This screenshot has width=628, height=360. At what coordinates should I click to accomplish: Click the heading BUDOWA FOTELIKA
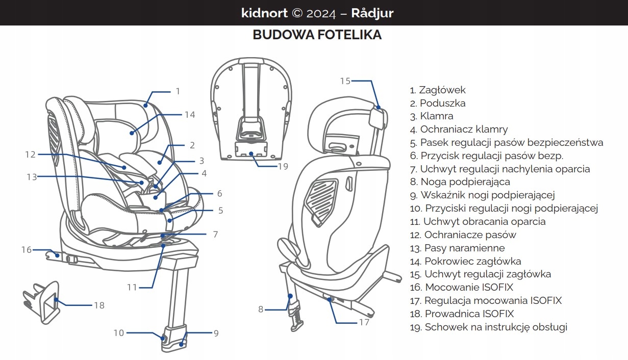point(317,35)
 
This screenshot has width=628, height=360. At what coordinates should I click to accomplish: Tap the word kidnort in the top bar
point(264,13)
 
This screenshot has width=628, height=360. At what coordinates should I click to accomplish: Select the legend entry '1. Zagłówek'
point(438,90)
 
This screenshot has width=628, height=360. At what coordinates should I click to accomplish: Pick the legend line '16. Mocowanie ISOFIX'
point(461,287)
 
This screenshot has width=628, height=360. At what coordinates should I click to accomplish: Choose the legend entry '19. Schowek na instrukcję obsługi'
point(488,327)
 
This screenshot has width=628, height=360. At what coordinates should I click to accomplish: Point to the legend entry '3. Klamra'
point(431,116)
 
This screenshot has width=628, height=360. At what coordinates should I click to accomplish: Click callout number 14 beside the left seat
point(190,115)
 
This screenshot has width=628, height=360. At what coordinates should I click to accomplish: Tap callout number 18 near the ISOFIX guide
point(99,305)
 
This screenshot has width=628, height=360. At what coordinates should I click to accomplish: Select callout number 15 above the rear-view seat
point(345,81)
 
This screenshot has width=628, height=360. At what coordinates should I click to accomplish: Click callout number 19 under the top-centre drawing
point(283,166)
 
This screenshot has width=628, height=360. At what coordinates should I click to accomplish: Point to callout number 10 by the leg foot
point(118,333)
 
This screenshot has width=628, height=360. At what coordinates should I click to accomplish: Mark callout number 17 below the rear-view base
point(364,322)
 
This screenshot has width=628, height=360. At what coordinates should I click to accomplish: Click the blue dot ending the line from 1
point(146,105)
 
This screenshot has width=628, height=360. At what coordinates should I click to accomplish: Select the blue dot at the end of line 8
point(290,296)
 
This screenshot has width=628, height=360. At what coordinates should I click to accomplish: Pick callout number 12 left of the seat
point(30,154)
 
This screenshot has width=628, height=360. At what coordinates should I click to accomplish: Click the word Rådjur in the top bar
point(372,13)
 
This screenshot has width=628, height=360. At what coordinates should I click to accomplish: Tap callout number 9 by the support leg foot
point(216,333)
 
